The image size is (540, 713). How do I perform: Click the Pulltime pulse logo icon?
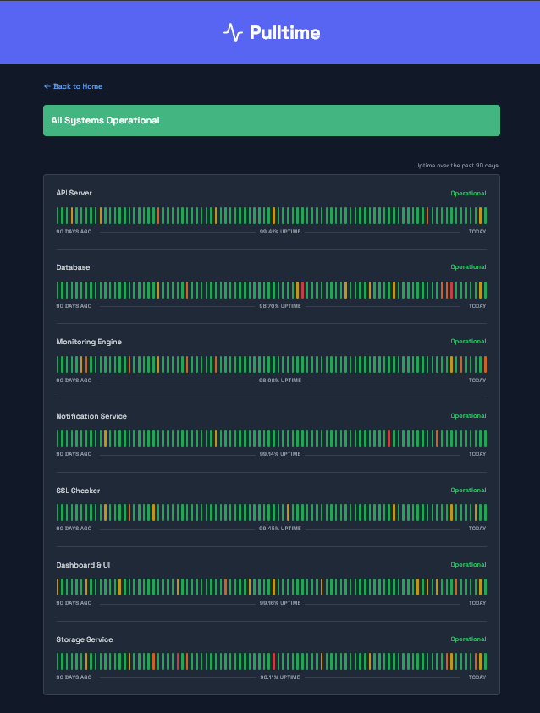(233, 32)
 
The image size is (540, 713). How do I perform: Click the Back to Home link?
(73, 86)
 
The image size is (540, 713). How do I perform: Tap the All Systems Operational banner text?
(105, 120)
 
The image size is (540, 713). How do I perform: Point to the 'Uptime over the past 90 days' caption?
(457, 165)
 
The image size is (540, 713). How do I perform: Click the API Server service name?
(74, 193)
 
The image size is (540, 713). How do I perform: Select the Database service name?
(73, 267)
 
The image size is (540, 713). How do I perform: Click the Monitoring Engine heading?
(89, 342)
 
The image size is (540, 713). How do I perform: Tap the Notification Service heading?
(91, 416)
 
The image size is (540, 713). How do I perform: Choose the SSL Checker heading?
(78, 491)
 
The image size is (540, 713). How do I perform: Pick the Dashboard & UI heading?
(83, 565)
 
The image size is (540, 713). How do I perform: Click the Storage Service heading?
(85, 639)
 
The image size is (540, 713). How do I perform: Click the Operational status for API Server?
(468, 193)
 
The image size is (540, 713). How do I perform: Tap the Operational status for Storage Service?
(468, 639)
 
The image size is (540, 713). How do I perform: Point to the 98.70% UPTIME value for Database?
(280, 306)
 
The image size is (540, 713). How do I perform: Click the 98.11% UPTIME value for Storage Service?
(280, 677)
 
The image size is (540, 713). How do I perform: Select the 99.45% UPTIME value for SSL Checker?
(280, 529)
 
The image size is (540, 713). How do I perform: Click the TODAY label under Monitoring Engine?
(477, 381)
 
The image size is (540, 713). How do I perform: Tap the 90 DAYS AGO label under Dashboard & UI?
(74, 603)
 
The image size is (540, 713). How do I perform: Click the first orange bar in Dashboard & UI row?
(58, 587)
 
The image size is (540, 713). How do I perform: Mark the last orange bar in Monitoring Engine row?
(485, 365)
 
